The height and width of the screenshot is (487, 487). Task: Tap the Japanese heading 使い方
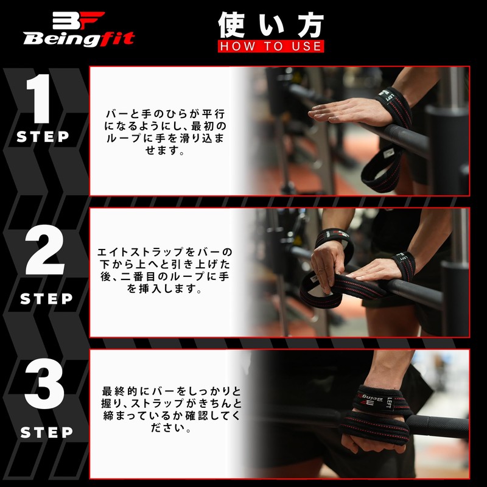click(x=271, y=26)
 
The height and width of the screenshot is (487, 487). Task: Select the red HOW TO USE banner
click(x=271, y=46)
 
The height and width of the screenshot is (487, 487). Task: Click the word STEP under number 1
click(x=43, y=137)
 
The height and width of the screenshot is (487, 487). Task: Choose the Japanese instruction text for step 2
click(x=165, y=271)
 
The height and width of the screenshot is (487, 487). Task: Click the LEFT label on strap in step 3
click(x=388, y=401)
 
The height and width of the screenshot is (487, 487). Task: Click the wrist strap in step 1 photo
click(x=394, y=103)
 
